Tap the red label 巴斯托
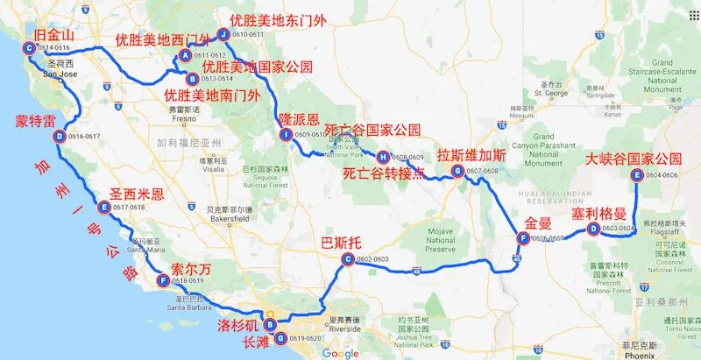(343, 242)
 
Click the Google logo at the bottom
(340, 353)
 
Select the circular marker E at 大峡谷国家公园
(636, 175)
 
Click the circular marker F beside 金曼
(523, 238)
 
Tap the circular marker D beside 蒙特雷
(59, 137)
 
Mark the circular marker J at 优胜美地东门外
(223, 35)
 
